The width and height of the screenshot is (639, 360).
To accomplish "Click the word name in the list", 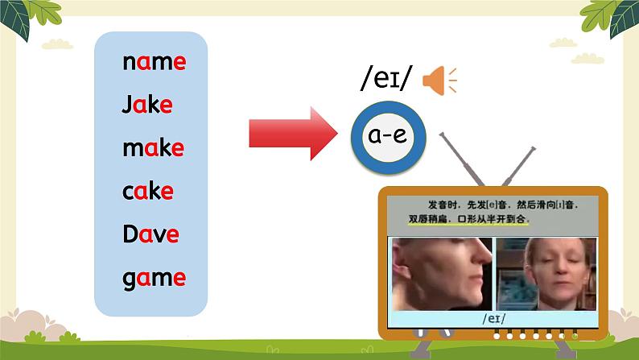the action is coord(155,62).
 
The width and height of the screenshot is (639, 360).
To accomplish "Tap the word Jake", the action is coord(147,105).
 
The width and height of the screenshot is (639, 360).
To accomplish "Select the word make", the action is coord(153,147).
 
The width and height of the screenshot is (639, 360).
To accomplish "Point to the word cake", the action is coord(148,191).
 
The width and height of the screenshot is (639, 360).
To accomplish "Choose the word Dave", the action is coord(150,234).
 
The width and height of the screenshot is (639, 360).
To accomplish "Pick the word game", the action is coord(154,279).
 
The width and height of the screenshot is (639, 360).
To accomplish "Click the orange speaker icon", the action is coord(439,81).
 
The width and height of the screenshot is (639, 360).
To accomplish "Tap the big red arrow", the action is coord(294,134).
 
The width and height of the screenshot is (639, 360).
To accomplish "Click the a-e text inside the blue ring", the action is coord(388,135).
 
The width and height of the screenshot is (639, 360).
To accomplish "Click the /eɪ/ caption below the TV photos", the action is coord(494,318).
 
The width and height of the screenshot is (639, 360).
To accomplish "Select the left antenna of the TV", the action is coord(461,159).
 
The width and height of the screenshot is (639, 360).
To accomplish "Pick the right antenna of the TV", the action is coord(519,167).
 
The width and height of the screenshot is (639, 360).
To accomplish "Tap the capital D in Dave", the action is coord(130,234).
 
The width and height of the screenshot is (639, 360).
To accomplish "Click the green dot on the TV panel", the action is coord(575,337).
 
